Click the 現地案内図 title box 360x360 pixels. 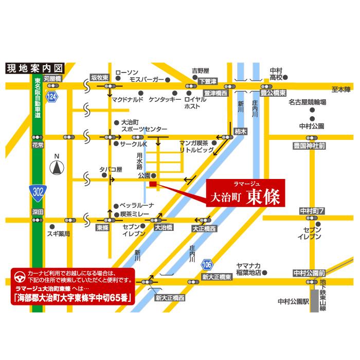click(x=34, y=68)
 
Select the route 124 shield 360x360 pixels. click(x=51, y=97)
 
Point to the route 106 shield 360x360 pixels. click(x=207, y=265)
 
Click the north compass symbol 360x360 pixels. click(x=57, y=166)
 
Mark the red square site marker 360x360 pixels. click(x=152, y=184)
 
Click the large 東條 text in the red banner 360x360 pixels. click(x=263, y=196)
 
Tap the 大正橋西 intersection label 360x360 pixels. click(x=204, y=227)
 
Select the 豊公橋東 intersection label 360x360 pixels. click(x=273, y=94)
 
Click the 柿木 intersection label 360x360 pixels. click(x=240, y=132)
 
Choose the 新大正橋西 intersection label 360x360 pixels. click(x=170, y=297)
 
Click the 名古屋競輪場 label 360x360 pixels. click(x=308, y=102)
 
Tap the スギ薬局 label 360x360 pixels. click(x=58, y=233)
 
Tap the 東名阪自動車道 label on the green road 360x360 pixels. click(x=38, y=99)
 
